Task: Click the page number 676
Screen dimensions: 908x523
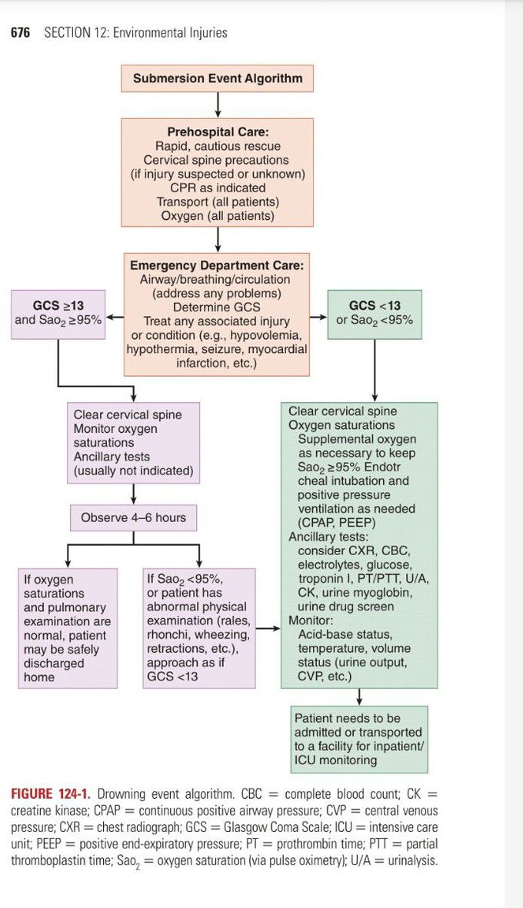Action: tap(20, 33)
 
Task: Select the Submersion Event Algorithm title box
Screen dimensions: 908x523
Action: tap(218, 78)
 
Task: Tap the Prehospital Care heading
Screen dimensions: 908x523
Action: tap(218, 132)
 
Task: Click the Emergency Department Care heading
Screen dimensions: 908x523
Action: tap(217, 266)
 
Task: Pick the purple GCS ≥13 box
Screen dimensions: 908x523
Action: tap(58, 313)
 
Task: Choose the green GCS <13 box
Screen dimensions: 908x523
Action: tap(375, 313)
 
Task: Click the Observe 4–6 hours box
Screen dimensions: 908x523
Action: tap(133, 517)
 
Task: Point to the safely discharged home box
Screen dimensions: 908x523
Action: tap(68, 627)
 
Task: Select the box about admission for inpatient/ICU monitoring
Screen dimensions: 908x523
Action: tap(358, 739)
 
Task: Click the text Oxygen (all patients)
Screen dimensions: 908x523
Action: tap(218, 216)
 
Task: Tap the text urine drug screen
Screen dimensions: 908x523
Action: tap(345, 607)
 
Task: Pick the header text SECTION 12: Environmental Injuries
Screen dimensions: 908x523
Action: tap(135, 33)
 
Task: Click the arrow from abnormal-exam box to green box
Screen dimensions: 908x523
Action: tap(268, 628)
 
